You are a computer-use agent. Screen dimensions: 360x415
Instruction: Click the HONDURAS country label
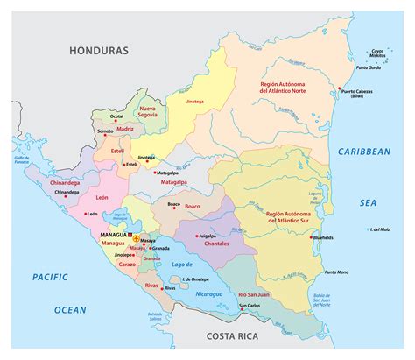click(x=99, y=52)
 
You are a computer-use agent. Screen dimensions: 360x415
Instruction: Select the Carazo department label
click(x=128, y=263)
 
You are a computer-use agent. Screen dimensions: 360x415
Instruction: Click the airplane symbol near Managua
click(x=137, y=236)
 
